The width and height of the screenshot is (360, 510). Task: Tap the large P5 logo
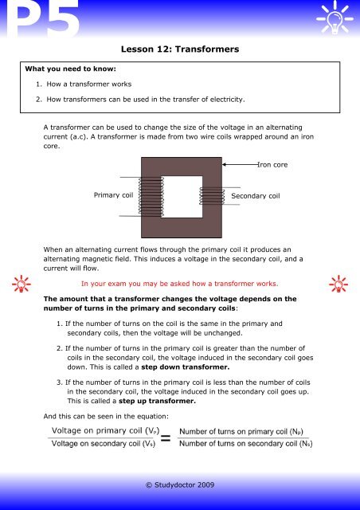pyautogui.click(x=41, y=22)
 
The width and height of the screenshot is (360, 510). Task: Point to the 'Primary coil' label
pyautogui.click(x=113, y=194)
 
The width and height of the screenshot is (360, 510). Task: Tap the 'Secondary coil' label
pyautogui.click(x=256, y=194)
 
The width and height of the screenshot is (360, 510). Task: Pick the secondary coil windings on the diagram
pyautogui.click(x=212, y=196)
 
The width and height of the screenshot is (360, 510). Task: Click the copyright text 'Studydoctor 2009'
pyautogui.click(x=179, y=483)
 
